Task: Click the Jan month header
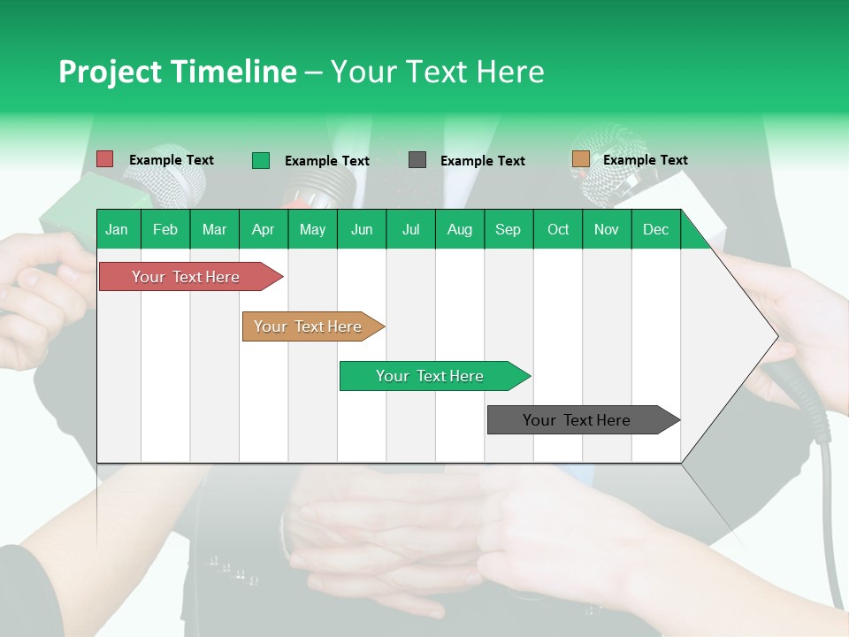point(118,229)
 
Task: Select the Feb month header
point(165,229)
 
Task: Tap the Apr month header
point(263,229)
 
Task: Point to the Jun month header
point(362,229)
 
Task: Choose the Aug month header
point(459,229)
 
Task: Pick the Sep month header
point(508,229)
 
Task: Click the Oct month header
point(558,229)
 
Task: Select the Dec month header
point(655,229)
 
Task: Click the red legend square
point(105,159)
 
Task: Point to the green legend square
point(261,160)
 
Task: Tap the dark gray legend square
point(417,160)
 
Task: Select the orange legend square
point(580,159)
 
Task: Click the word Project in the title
point(109,72)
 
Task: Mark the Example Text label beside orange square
point(645,160)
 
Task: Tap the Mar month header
point(214,229)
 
